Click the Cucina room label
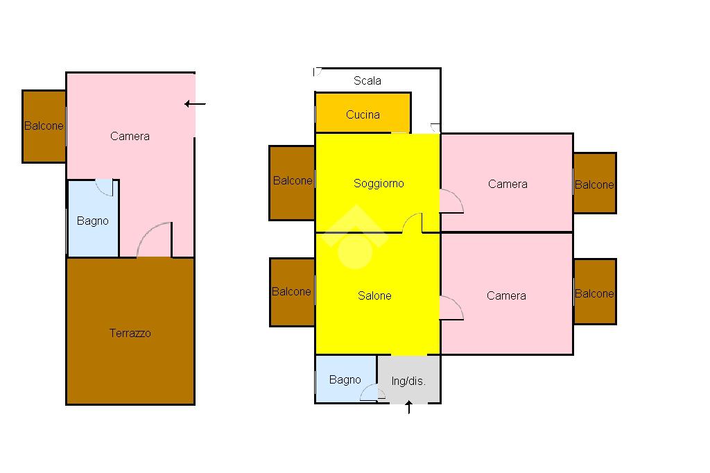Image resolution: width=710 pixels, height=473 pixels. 363,114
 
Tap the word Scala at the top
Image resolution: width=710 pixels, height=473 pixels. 367,80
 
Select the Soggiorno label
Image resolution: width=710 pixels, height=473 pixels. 379,183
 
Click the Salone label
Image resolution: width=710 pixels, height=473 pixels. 374,295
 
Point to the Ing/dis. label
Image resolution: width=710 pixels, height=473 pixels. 408,381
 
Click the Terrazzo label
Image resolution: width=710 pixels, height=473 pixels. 130,333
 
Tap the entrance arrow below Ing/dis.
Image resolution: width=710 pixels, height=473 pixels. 409,408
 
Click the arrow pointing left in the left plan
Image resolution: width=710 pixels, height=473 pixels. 196,104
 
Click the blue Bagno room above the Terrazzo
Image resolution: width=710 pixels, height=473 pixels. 92,221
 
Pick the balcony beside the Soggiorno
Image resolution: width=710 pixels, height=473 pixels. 292,182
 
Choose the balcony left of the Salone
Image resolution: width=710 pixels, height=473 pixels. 292,292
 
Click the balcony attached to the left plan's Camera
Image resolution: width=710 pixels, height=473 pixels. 44,126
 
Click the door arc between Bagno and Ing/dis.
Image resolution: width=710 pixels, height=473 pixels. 371,393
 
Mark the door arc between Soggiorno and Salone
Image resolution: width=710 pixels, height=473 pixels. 413,223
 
